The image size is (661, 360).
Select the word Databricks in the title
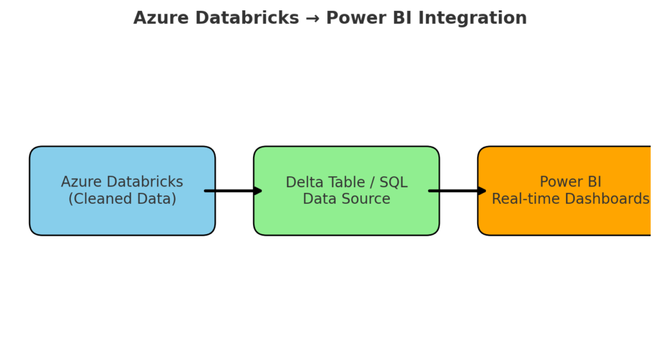coord(247,17)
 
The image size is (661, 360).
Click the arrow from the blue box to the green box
coord(233,191)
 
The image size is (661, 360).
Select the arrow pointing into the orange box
coord(458,191)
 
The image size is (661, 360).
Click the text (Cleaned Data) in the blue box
coord(122,199)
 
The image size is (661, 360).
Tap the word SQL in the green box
coord(394,182)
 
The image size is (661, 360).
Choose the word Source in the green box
coord(366,199)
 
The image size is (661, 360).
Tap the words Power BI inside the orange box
coord(571,182)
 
